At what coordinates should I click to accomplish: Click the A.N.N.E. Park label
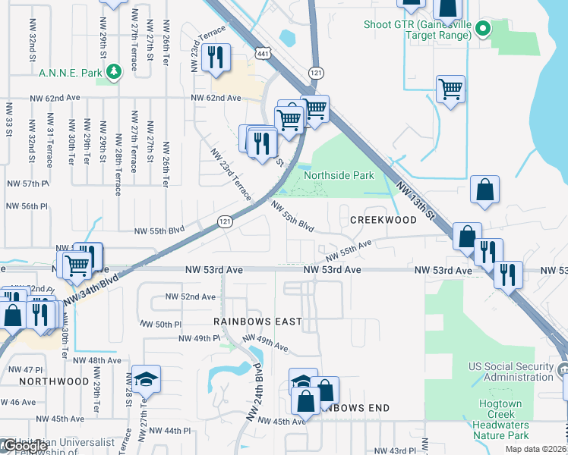pyautogui.click(x=71, y=73)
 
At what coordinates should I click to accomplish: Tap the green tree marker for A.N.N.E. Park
pyautogui.click(x=114, y=72)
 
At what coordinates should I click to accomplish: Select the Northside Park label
pyautogui.click(x=339, y=175)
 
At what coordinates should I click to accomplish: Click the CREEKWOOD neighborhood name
pyautogui.click(x=383, y=220)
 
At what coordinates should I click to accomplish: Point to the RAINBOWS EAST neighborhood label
pyautogui.click(x=257, y=322)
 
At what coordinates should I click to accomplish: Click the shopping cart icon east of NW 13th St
pyautogui.click(x=450, y=89)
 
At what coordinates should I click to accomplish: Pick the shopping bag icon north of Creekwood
pyautogui.click(x=484, y=190)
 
